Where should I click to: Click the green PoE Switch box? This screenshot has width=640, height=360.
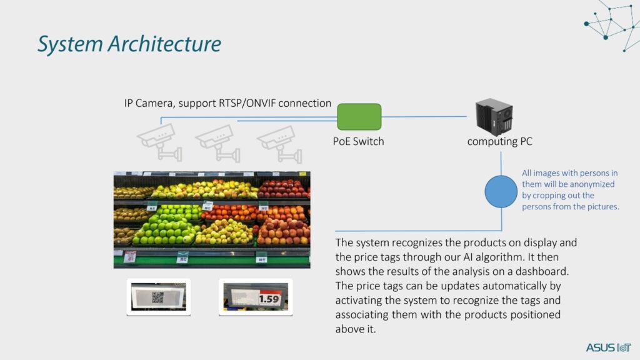click(359, 117)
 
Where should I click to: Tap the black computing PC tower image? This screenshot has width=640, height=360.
click(494, 117)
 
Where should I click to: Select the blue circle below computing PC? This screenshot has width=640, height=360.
click(501, 191)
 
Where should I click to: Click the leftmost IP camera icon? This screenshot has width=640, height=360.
click(159, 142)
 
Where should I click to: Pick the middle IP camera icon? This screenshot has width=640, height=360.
click(218, 143)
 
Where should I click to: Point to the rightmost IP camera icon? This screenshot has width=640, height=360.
click(279, 144)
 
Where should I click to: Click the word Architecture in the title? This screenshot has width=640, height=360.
click(164, 44)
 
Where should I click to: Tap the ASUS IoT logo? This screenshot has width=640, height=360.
click(609, 347)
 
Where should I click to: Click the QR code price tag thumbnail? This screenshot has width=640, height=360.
click(158, 297)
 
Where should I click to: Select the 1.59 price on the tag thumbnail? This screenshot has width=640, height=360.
click(269, 299)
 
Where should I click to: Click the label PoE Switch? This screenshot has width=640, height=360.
click(358, 141)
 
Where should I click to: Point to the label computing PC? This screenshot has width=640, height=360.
click(499, 142)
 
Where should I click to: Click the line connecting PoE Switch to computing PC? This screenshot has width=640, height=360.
click(424, 117)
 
